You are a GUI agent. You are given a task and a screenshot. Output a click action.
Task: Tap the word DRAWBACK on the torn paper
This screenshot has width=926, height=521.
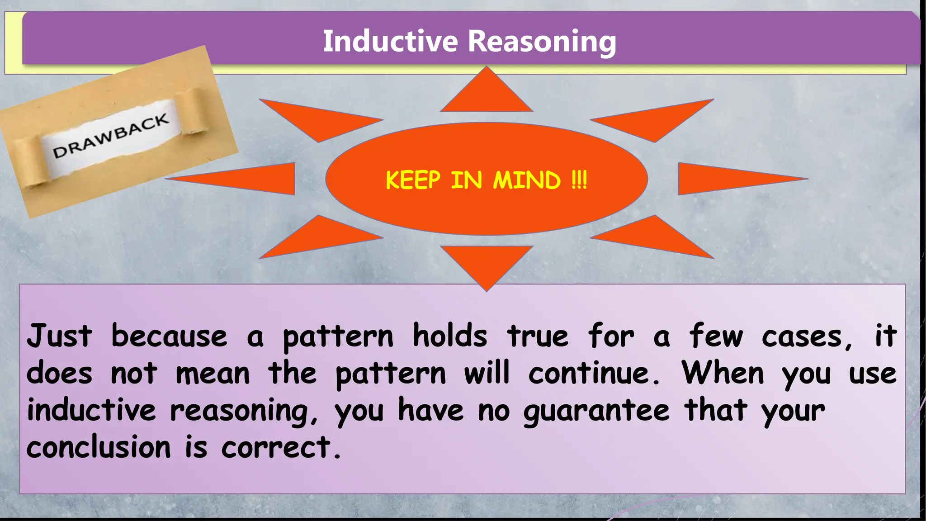(111, 136)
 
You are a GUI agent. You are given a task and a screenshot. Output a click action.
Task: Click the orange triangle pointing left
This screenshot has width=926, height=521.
(253, 179)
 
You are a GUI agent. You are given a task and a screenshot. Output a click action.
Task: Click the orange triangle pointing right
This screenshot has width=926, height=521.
(719, 179)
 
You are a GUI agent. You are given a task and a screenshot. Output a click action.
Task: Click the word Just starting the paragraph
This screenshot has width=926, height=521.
(59, 336)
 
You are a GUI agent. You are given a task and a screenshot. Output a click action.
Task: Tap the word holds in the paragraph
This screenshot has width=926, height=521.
(450, 336)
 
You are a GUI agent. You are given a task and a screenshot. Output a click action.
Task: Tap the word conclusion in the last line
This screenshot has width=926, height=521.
(99, 448)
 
